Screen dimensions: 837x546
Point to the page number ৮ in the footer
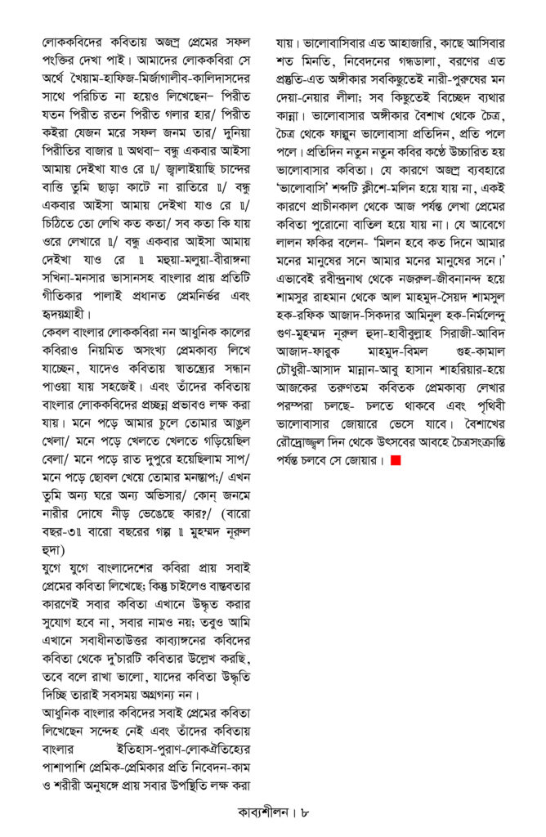point(305,814)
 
